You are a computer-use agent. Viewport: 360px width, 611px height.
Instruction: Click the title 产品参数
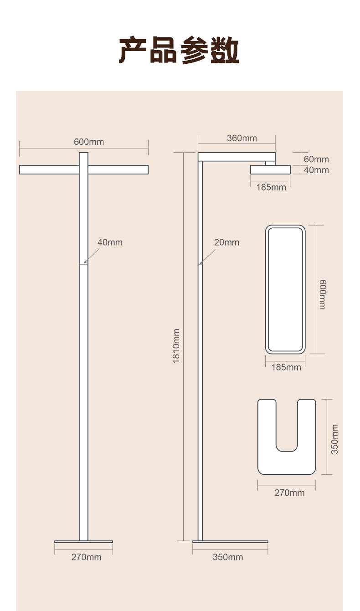tap(179, 50)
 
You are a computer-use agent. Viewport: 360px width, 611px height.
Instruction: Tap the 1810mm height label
tap(176, 346)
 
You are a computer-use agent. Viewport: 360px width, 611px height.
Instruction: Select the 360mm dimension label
tap(242, 138)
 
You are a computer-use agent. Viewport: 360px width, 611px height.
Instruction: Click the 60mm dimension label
tap(316, 159)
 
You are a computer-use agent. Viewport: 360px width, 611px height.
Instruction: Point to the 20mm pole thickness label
tap(226, 242)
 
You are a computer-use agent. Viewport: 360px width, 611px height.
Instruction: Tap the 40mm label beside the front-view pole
tap(110, 242)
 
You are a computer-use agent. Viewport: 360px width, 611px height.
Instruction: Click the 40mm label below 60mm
tap(316, 170)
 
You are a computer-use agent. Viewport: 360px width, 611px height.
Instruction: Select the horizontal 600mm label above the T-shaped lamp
tap(89, 142)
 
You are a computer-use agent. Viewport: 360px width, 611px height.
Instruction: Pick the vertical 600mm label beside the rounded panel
tap(322, 295)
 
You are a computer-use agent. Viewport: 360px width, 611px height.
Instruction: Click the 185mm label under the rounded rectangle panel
tap(286, 367)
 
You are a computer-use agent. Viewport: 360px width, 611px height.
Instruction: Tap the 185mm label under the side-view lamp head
tap(271, 187)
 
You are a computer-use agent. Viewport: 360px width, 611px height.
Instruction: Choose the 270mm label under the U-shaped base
tap(289, 493)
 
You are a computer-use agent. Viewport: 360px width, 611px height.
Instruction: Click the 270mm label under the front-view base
tap(87, 557)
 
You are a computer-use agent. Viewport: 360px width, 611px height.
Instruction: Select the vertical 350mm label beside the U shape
tap(334, 439)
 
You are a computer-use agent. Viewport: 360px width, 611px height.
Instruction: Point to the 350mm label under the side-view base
tap(228, 557)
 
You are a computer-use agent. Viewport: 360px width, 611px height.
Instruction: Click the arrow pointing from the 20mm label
tap(207, 257)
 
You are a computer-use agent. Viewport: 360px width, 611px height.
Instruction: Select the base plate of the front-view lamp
tap(83, 542)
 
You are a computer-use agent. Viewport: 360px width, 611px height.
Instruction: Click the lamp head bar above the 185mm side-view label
tap(270, 169)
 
